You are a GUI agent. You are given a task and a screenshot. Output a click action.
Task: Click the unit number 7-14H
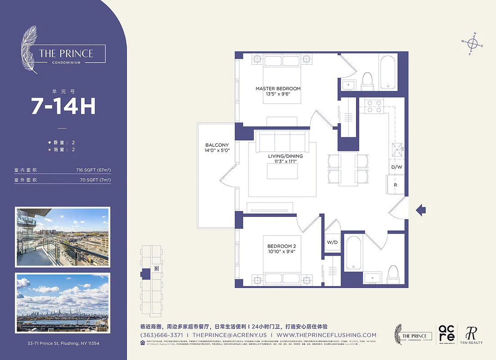(63, 106)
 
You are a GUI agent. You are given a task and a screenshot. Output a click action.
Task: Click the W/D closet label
(332, 243)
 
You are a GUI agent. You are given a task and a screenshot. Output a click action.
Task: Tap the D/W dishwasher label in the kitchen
(396, 167)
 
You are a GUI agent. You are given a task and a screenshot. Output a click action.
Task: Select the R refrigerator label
(396, 185)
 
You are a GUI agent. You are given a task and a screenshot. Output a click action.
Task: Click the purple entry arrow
(420, 209)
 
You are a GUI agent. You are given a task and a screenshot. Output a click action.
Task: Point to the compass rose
(472, 44)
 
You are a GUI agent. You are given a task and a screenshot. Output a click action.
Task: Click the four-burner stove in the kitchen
(373, 106)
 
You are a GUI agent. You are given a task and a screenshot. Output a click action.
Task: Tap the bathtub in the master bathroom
(387, 72)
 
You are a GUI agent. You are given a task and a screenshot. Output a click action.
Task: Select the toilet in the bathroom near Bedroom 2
(393, 273)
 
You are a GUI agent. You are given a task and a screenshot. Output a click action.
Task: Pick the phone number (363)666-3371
(162, 335)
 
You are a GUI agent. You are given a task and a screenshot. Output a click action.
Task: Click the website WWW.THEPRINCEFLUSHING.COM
(326, 335)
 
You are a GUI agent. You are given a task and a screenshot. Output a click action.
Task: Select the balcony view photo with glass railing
(63, 237)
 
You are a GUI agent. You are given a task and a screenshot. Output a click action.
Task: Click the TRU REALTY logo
(471, 335)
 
